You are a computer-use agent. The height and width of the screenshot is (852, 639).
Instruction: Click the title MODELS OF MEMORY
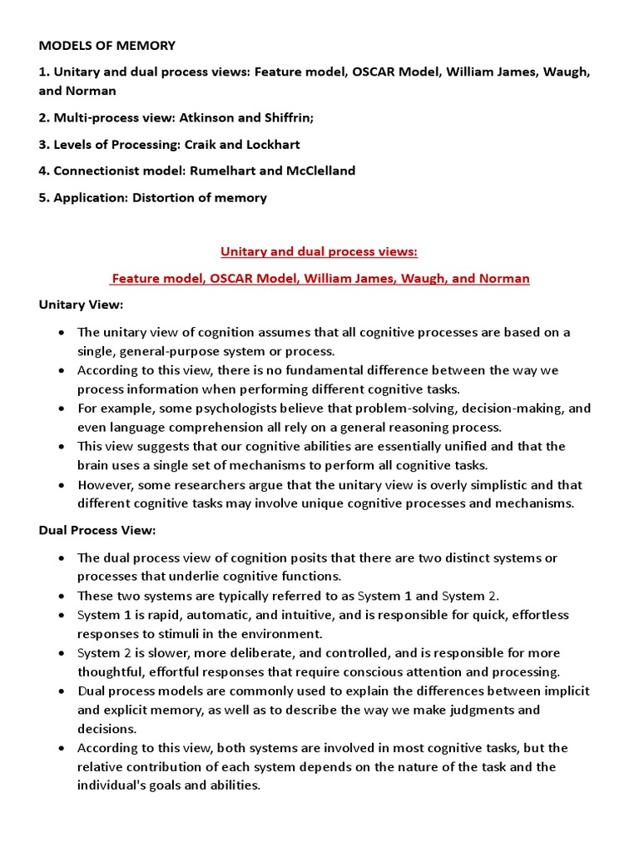107,46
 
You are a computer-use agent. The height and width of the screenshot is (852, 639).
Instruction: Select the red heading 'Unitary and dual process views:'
319,251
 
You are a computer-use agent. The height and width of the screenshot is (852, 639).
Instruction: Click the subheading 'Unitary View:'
81,305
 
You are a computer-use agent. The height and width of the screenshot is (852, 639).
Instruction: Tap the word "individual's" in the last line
115,785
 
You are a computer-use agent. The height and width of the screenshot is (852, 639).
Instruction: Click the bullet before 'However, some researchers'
62,485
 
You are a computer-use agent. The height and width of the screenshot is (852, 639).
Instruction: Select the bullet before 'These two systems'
62,596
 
